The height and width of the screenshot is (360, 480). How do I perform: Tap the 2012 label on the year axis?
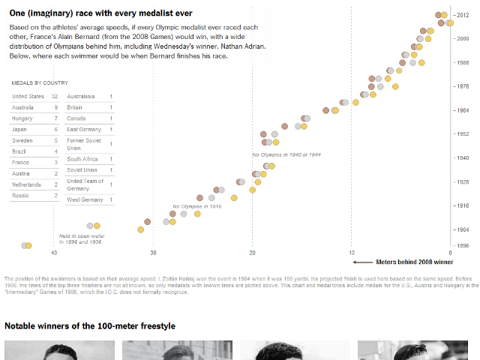coord(463,15)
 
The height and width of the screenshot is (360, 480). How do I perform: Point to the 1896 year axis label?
coord(463,246)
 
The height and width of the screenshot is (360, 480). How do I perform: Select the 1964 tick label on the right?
coord(463,110)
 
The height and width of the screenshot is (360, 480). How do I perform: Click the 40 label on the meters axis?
coord(54,253)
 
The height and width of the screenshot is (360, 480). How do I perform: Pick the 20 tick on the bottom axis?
coord(252,253)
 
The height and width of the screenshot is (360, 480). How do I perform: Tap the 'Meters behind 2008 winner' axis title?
coord(414,262)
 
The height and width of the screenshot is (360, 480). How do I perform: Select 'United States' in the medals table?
coord(28,97)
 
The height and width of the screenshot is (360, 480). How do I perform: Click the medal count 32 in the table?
coord(54,97)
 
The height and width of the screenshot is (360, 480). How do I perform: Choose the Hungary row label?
coord(22,118)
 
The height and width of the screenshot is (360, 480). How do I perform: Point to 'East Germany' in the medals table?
coord(84,130)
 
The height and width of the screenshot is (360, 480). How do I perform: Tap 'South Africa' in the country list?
coord(82,159)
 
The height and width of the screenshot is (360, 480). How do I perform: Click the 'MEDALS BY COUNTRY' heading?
coord(40,82)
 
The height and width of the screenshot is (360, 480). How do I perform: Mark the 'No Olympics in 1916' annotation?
coord(196,205)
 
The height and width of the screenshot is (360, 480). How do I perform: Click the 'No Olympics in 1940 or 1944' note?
coord(286,154)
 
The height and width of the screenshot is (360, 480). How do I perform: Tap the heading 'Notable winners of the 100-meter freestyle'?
coord(90,326)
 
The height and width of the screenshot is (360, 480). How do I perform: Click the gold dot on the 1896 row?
coord(29,245)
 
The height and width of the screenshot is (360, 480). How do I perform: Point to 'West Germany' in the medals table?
coord(85,200)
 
